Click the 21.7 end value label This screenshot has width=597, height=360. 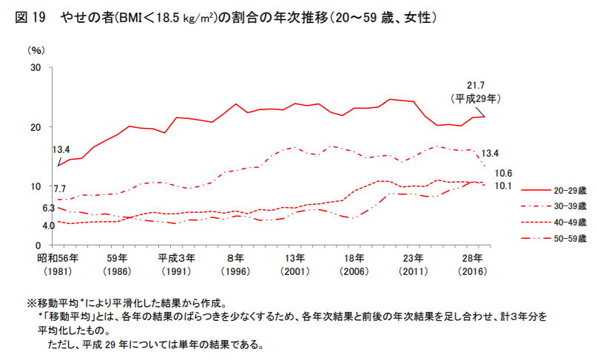click(x=475, y=85)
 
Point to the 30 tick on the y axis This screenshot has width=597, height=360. click(x=36, y=68)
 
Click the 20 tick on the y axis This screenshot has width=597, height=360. click(x=36, y=127)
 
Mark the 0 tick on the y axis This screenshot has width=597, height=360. click(x=39, y=245)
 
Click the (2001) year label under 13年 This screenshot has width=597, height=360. click(x=294, y=272)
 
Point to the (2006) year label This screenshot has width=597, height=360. click(x=354, y=272)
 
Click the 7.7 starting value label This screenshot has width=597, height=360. click(x=60, y=189)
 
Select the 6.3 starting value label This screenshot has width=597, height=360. click(x=49, y=208)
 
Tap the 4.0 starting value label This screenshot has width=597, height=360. click(x=49, y=225)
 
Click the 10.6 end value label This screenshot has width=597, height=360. click(x=504, y=173)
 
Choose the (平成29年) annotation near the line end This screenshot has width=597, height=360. click(x=475, y=98)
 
